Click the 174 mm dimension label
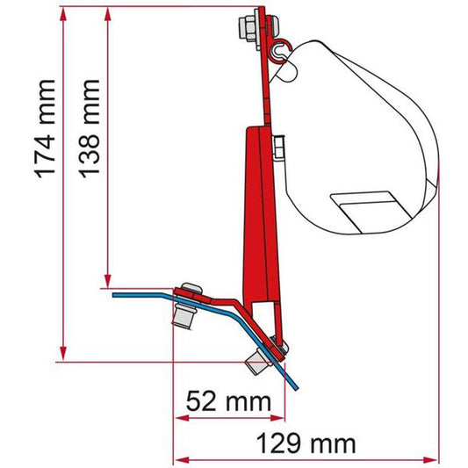[44, 130]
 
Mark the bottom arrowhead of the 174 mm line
[61, 356]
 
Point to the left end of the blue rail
[115, 295]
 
